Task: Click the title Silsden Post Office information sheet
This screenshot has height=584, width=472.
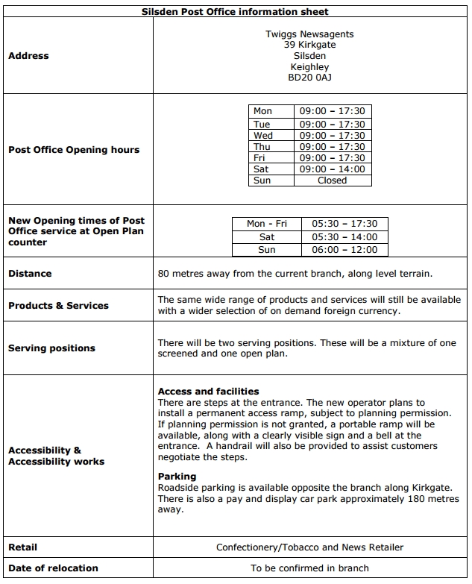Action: (235, 12)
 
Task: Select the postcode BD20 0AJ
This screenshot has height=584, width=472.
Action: (309, 78)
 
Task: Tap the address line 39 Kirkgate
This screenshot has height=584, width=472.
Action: (309, 45)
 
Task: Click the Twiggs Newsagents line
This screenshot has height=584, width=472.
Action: (309, 34)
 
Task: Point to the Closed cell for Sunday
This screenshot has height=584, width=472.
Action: (332, 180)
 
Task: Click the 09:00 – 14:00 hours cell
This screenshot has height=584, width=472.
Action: (332, 169)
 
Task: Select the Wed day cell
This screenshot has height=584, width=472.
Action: (263, 136)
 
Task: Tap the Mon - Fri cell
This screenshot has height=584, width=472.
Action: (266, 224)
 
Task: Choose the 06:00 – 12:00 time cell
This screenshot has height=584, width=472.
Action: (344, 250)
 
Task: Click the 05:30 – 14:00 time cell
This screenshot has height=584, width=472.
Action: (344, 237)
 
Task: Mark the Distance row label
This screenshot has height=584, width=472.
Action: (30, 274)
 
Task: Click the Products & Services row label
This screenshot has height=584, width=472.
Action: (58, 306)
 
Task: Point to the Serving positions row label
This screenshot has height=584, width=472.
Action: (51, 348)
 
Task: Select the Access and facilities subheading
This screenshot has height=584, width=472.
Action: (208, 392)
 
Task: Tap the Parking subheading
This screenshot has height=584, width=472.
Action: (177, 477)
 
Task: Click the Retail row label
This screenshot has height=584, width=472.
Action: (22, 547)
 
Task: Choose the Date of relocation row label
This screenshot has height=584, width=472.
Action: (53, 568)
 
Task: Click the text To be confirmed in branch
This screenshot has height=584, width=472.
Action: (309, 568)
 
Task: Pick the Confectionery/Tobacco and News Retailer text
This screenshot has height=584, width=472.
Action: (309, 547)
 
